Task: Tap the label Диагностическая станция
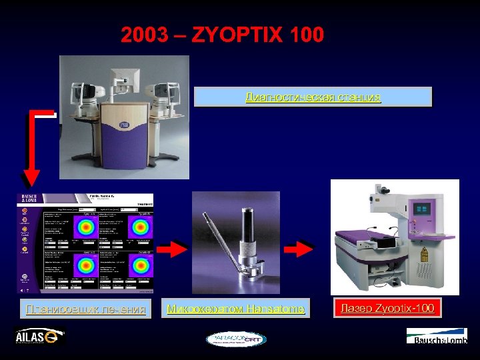point(313,97)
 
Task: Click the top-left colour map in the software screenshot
point(86,225)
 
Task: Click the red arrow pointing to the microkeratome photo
point(175,251)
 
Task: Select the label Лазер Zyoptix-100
point(387,308)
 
